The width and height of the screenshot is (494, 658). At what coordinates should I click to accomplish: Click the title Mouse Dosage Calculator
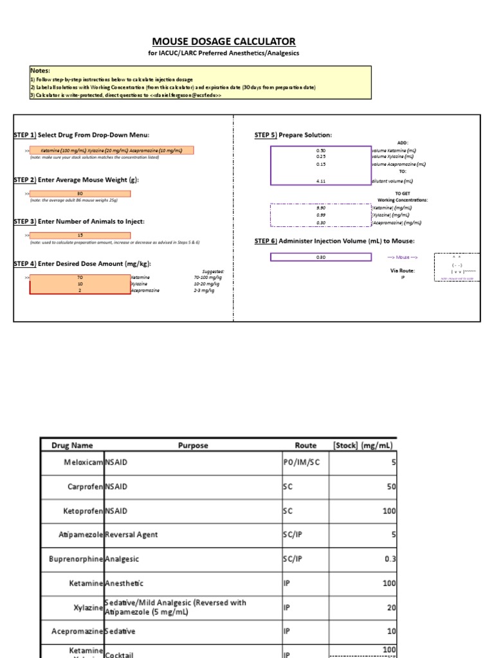(223, 41)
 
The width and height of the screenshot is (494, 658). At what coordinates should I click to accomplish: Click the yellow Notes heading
(40, 70)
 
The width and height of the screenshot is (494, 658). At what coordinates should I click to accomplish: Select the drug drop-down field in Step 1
(111, 150)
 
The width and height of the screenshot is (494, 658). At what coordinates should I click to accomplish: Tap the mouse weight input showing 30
(80, 193)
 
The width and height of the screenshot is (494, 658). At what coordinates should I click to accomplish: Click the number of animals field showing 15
(80, 235)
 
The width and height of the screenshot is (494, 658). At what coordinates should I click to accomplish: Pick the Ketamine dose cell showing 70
(80, 278)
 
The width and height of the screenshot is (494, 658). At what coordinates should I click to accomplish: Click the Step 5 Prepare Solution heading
(293, 135)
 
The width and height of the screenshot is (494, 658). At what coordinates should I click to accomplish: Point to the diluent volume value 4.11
(321, 181)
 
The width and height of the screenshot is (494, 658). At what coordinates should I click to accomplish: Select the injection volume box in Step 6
(321, 257)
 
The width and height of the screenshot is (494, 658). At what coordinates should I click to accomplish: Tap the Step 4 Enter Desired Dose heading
(82, 263)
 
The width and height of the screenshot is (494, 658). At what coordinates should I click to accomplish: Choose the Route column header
(306, 445)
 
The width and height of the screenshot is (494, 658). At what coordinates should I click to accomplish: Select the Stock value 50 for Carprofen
(391, 486)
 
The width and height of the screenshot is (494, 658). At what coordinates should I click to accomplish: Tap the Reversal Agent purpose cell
(131, 535)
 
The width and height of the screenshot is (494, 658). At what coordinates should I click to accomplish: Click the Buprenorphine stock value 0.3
(390, 559)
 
